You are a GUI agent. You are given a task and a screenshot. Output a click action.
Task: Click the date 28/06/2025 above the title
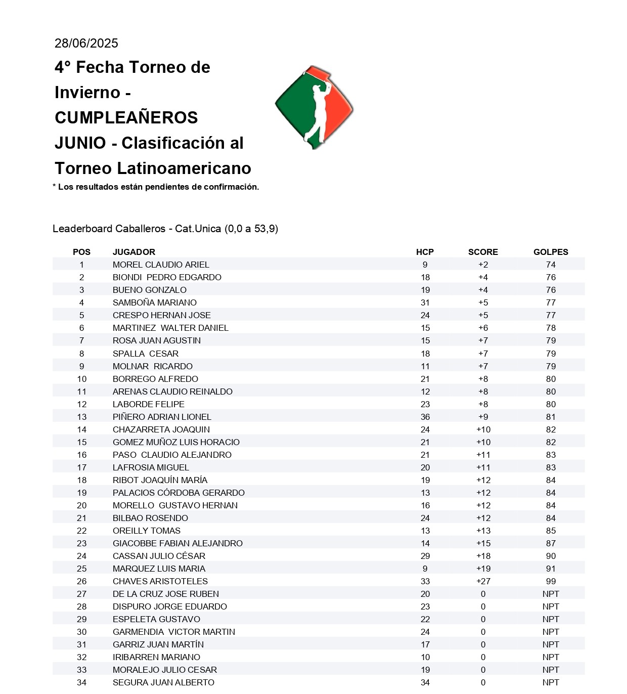click(86, 44)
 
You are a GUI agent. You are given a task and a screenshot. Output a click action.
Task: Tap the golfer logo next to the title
click(314, 107)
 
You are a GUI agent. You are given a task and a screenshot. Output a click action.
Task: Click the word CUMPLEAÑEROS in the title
click(126, 117)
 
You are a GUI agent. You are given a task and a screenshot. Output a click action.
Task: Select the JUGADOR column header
click(134, 252)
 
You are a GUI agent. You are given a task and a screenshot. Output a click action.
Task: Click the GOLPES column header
click(551, 252)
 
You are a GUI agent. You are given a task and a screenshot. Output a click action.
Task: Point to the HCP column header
click(425, 252)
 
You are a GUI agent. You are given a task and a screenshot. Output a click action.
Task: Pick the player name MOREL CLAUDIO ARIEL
click(161, 265)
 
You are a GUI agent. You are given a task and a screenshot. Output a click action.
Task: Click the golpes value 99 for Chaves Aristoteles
click(551, 581)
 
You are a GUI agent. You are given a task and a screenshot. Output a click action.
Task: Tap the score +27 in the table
click(483, 581)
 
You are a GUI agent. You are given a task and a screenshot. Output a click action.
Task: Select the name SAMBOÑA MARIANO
click(155, 302)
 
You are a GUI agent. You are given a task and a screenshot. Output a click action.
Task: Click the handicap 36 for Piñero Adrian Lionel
click(425, 417)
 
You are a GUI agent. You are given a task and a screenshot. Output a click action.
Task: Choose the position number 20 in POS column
click(82, 505)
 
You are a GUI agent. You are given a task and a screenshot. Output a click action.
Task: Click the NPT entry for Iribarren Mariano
click(551, 657)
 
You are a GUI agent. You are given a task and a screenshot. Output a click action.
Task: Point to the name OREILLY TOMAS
click(147, 531)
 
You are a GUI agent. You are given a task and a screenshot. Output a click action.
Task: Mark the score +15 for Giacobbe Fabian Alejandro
click(483, 543)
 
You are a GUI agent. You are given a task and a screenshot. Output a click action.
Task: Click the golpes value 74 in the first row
click(551, 265)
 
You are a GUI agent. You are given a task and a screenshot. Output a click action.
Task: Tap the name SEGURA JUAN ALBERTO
click(163, 682)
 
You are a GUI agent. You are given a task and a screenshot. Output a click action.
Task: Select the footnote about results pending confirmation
click(156, 187)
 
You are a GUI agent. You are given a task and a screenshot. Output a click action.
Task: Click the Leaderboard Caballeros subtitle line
click(165, 229)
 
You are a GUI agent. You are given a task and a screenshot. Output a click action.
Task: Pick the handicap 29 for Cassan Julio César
click(425, 556)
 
